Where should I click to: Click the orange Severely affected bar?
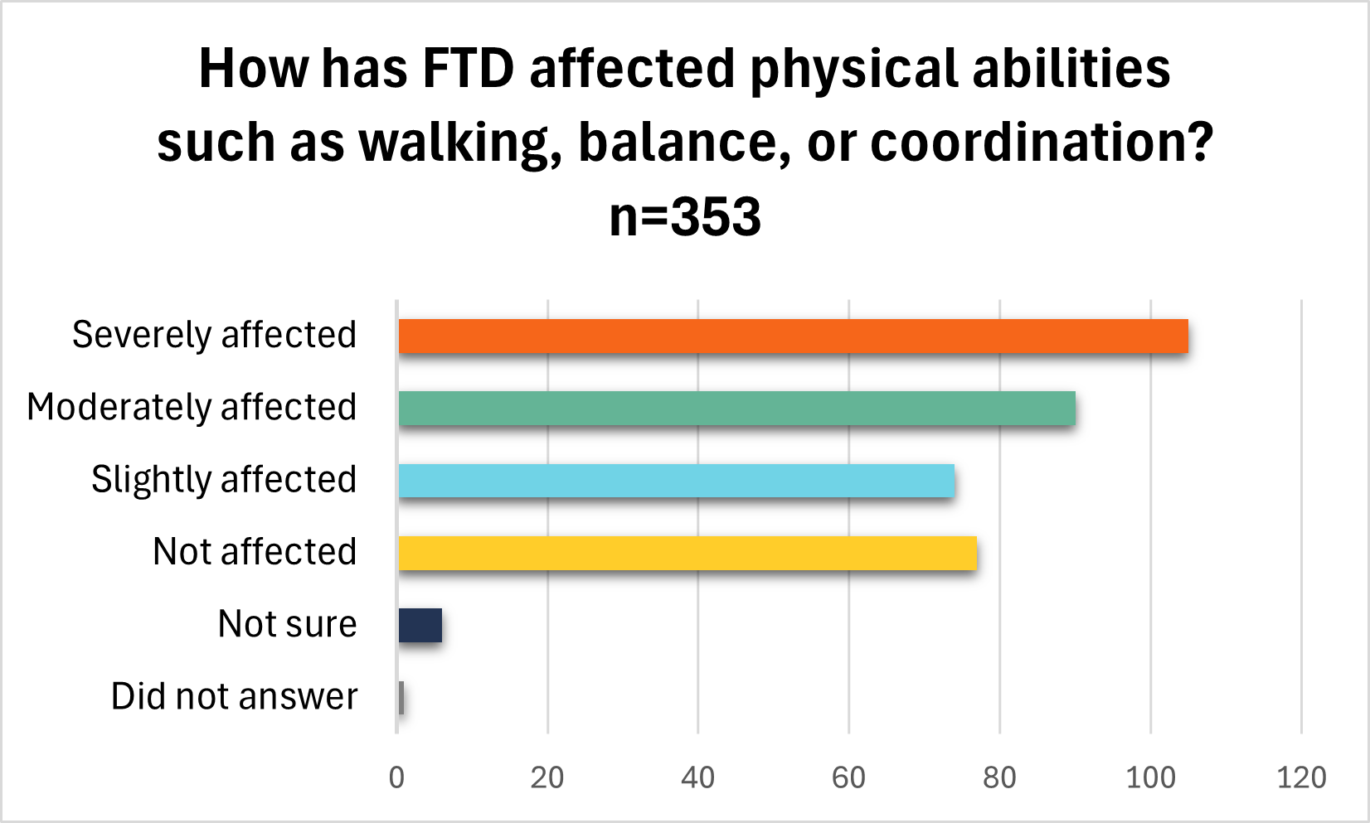pos(793,336)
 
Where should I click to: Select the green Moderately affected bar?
pos(736,409)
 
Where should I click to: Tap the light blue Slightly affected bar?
pos(676,481)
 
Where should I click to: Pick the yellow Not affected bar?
pos(687,553)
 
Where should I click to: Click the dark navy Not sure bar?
pos(420,625)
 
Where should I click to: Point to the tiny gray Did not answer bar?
pos(401,697)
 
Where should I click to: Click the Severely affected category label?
pos(214,336)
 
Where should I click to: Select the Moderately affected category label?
pos(192,408)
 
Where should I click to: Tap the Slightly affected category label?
pos(224,480)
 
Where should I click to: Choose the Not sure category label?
pos(287,624)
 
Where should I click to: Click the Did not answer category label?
pos(234,696)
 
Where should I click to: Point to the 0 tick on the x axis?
pos(397,777)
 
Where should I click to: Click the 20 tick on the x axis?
pos(547,777)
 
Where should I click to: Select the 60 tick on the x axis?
pos(848,777)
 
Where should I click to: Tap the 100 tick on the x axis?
pos(1150,777)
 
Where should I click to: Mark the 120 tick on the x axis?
pos(1301,777)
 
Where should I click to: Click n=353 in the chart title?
pos(685,217)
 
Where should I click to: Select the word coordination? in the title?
pos(1042,143)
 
